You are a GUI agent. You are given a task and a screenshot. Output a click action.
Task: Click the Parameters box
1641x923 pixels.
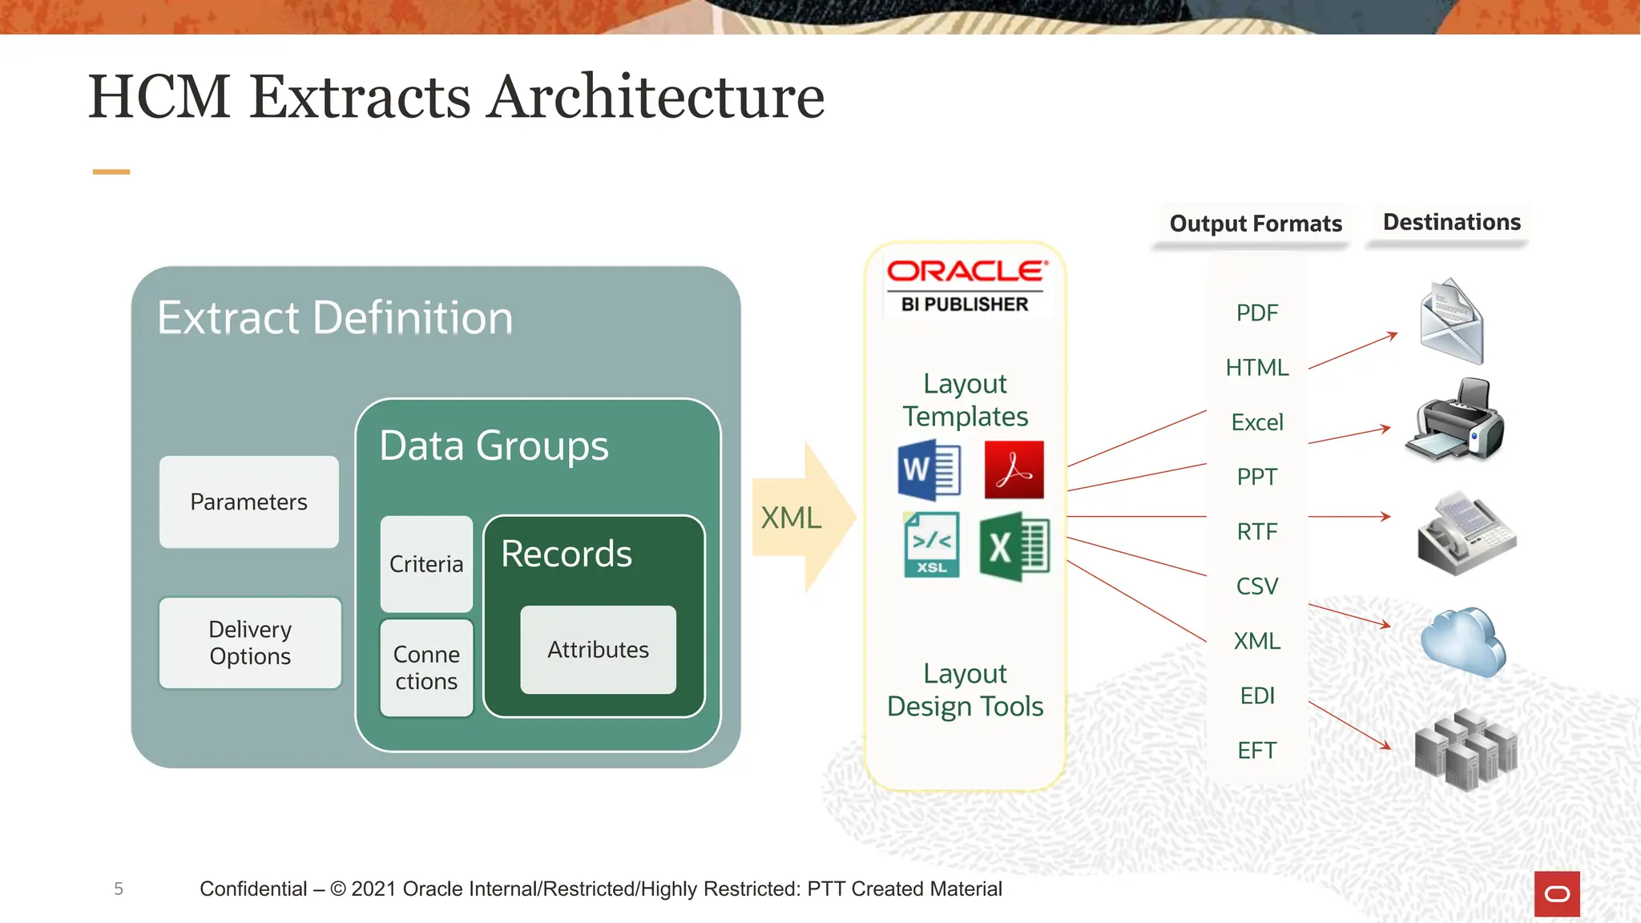249,502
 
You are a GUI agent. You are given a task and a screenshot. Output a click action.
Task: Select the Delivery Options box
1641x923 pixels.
250,643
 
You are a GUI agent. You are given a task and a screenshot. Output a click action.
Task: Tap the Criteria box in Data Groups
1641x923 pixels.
426,564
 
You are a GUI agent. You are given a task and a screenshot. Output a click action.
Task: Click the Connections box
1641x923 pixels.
426,667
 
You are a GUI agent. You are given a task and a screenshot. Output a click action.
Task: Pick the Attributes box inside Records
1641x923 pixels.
598,650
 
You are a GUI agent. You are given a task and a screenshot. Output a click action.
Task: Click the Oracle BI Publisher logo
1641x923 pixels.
966,285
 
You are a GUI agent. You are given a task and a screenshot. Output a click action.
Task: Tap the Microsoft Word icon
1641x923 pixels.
929,470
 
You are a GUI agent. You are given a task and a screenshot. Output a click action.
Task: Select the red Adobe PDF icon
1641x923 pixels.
1014,470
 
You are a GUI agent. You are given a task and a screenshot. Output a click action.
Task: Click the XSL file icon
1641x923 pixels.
931,545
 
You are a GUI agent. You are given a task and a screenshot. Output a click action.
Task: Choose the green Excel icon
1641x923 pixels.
1014,546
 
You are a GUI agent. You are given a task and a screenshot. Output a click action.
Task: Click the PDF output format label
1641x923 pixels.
1256,313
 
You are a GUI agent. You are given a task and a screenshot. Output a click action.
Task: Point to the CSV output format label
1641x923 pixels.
1256,586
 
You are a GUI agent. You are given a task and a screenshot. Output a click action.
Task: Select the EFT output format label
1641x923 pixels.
1256,751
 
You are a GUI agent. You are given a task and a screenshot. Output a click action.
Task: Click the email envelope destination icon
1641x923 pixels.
1452,321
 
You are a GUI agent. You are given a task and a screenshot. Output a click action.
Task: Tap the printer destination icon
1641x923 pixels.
1455,421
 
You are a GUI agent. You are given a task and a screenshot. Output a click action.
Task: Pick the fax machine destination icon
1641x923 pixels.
1465,534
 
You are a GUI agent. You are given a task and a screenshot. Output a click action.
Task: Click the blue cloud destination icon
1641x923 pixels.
1463,642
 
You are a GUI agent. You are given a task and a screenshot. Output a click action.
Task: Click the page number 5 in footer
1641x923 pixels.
119,889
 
